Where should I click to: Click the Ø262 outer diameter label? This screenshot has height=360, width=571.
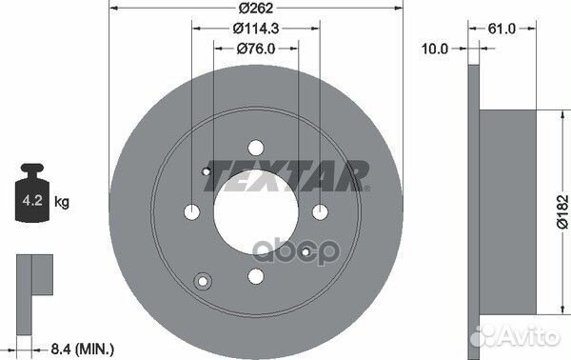click(x=256, y=8)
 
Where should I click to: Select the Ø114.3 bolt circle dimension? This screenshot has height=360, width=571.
click(x=256, y=28)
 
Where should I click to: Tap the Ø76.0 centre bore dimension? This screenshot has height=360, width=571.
click(x=256, y=49)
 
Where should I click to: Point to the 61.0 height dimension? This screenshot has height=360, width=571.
click(x=502, y=29)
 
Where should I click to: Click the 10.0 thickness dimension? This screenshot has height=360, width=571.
click(x=435, y=49)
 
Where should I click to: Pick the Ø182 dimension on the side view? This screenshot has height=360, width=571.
click(x=562, y=211)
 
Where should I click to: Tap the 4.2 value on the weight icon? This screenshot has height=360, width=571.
click(x=32, y=200)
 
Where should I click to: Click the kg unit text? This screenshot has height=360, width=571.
click(x=62, y=202)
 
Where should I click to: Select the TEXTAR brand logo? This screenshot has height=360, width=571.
click(x=287, y=176)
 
